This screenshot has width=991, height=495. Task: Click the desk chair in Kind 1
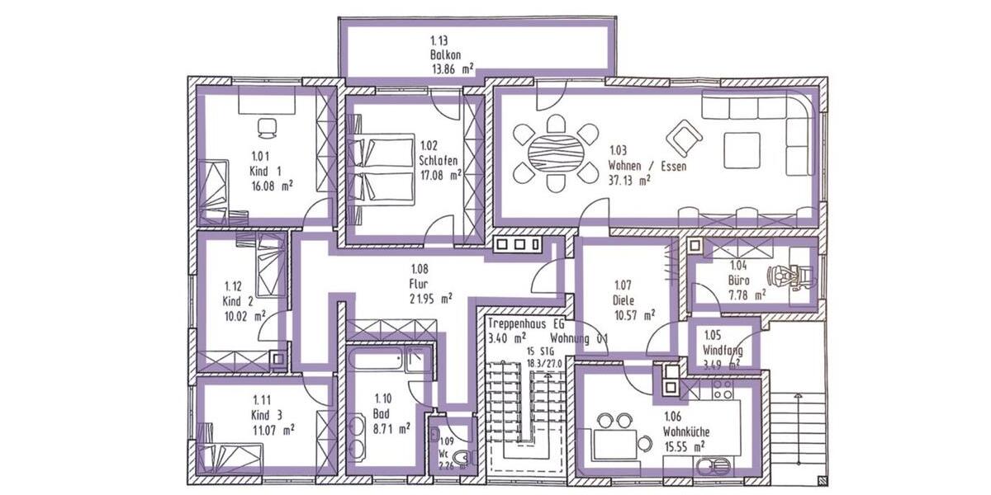(267, 127)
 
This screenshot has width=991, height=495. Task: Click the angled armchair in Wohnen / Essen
(684, 138)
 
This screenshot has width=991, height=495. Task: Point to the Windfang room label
(723, 350)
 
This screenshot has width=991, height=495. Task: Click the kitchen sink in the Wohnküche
(711, 467)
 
